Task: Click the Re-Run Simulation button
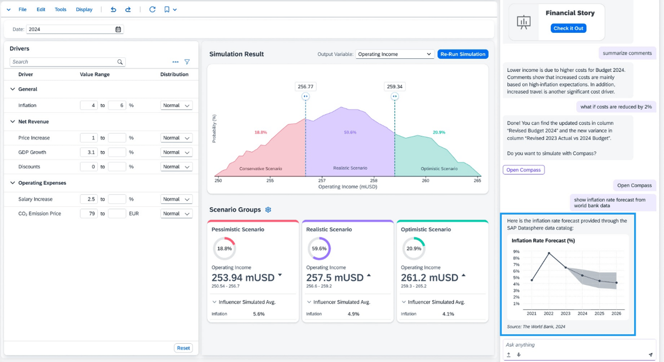coord(462,54)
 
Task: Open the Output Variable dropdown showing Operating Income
coord(394,54)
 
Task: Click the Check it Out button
coord(568,28)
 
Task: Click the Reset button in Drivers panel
coord(183,348)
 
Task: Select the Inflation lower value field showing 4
coord(89,105)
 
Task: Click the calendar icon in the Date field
coord(118,29)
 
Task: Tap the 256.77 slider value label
coord(305,87)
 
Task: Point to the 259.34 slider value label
coord(394,87)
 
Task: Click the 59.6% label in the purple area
coord(350,132)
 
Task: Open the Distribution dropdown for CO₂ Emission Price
coord(176,214)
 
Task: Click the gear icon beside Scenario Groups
coord(268,210)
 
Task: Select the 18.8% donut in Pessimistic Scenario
coord(224,249)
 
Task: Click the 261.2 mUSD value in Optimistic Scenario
coord(429,278)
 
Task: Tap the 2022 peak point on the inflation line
coord(549,253)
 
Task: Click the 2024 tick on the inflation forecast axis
coord(583,313)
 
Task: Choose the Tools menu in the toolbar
coord(60,10)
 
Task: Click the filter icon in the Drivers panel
coord(187,62)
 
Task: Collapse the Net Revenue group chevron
coord(13,122)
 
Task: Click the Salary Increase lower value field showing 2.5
coord(89,199)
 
